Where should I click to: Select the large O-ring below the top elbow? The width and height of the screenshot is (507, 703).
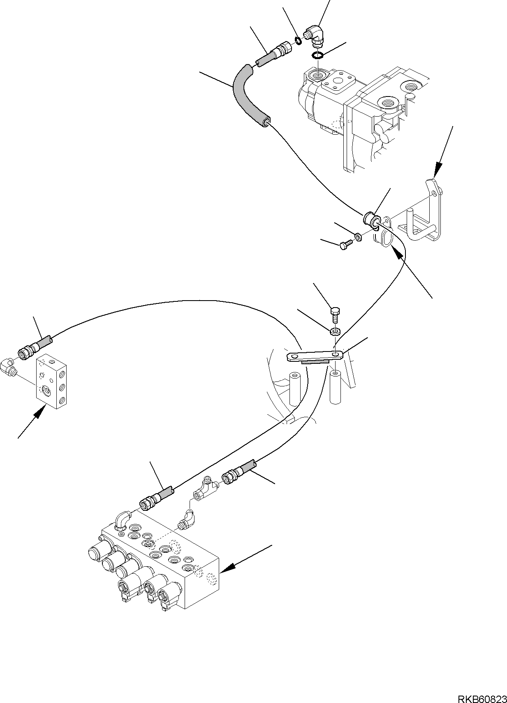coord(317,55)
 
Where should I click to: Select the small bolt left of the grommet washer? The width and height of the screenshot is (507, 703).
coord(344,246)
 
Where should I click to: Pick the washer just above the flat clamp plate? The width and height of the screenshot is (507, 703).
coord(336,331)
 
